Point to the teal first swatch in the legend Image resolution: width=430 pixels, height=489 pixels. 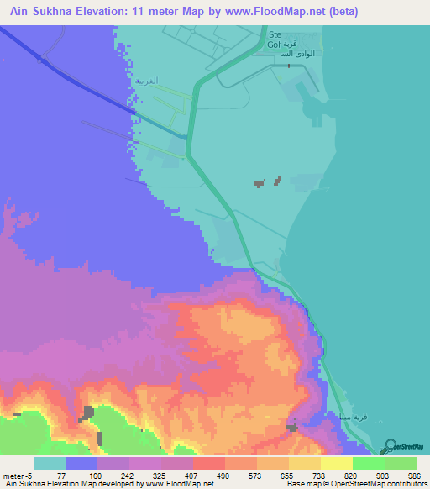tap(50, 463)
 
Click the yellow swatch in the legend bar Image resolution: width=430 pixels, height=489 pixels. tap(337, 463)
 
